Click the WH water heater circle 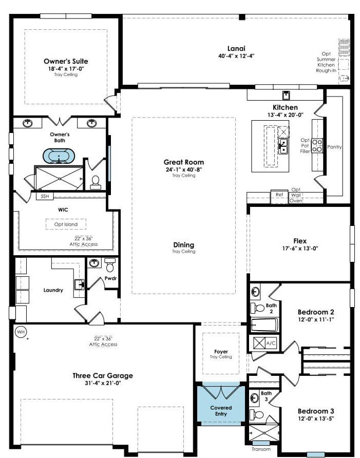point(21,332)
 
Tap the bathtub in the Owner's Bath point(59,156)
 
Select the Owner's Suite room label point(66,61)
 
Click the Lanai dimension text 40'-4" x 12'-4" point(236,56)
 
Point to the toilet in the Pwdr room point(110,265)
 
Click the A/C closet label point(271,343)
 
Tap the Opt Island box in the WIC point(66,224)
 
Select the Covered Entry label point(221,411)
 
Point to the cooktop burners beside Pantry point(317,145)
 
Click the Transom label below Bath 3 point(261,449)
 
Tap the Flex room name point(300,241)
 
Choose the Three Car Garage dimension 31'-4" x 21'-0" point(103,383)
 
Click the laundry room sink point(79,284)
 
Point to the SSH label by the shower point(45,196)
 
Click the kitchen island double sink point(283,146)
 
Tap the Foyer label point(221,352)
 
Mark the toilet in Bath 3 point(257,415)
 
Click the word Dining point(184,245)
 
